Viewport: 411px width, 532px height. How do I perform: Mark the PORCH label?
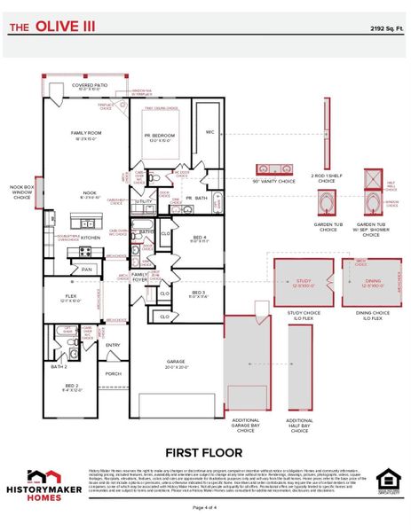(x=113, y=373)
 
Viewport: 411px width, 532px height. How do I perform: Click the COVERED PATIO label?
(x=90, y=85)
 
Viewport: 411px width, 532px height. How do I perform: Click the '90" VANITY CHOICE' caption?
(x=274, y=181)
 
